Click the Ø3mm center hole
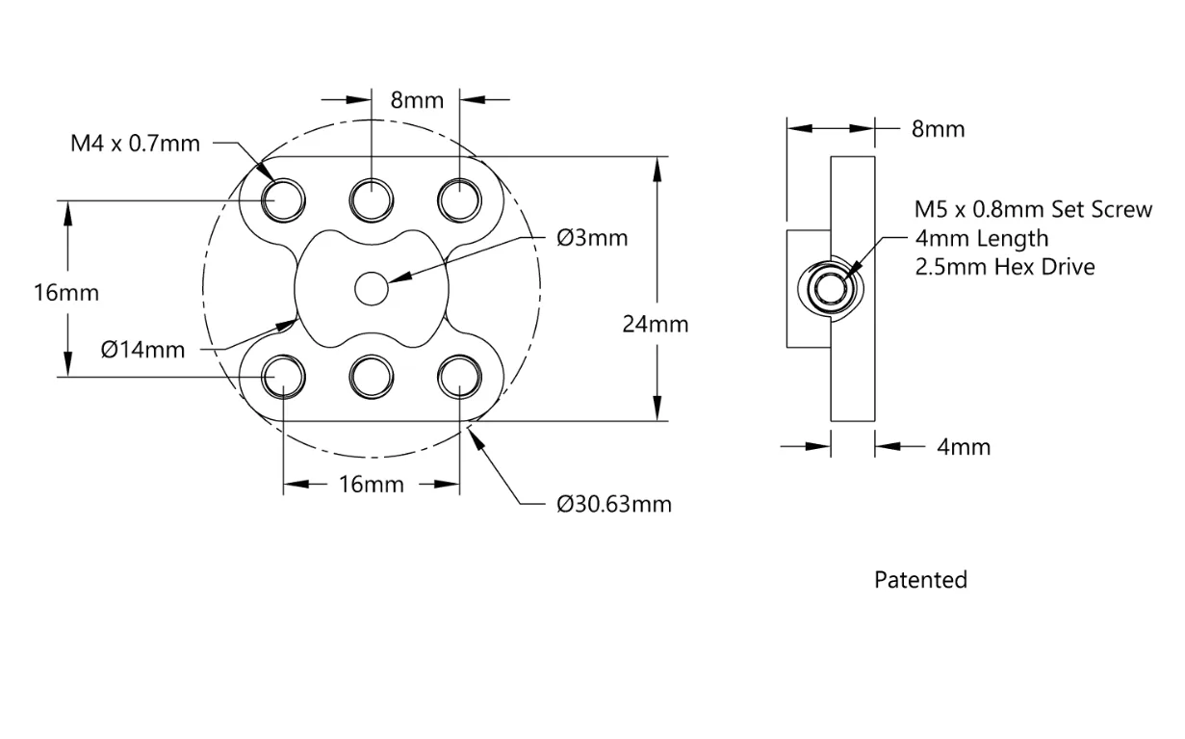click(x=372, y=288)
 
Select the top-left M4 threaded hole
click(x=283, y=200)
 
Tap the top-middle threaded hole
click(x=372, y=200)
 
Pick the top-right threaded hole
click(x=459, y=200)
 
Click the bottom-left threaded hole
click(x=283, y=377)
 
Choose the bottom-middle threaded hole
click(x=372, y=377)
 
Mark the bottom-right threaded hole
click(x=459, y=377)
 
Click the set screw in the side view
click(x=831, y=288)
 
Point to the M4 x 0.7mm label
click(x=136, y=144)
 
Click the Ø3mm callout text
click(x=592, y=238)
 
